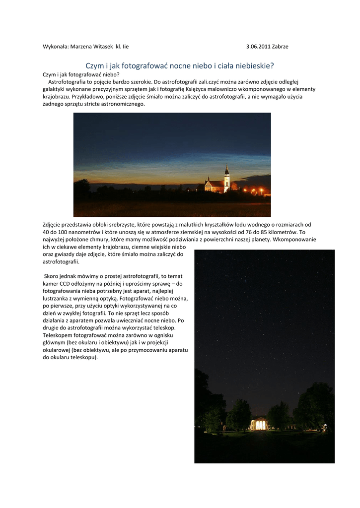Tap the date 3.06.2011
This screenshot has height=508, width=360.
(x=258, y=47)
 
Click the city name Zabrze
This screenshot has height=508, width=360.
(x=280, y=47)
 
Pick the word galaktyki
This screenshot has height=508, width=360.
(x=54, y=89)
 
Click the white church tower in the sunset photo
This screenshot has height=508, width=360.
(x=227, y=179)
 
